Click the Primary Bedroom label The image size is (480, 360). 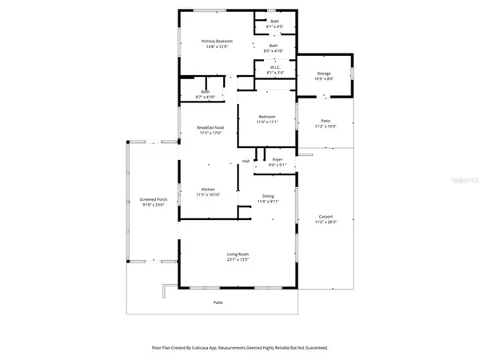(213, 42)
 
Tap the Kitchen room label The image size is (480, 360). (208, 190)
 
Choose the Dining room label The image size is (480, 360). (269, 196)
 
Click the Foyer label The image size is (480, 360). (277, 160)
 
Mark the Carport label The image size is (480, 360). (325, 216)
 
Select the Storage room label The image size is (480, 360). (324, 73)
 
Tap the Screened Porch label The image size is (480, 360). (153, 199)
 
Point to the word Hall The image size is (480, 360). (246, 161)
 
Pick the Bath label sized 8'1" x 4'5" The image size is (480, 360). (274, 21)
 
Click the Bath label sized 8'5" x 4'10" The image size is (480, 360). (274, 46)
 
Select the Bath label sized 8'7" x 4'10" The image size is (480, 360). (206, 92)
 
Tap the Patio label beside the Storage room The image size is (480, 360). (324, 121)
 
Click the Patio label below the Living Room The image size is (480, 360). (218, 302)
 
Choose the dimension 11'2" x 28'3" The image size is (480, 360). (325, 222)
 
